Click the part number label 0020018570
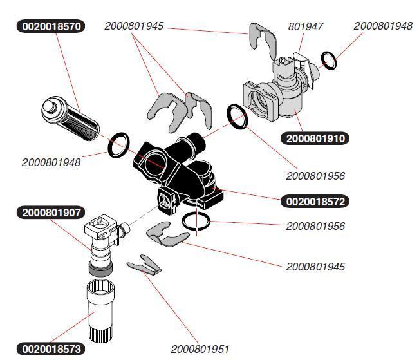tap(51, 26)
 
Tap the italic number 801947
tap(306, 26)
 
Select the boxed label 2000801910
tap(315, 138)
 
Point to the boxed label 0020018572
tap(315, 202)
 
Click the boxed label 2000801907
tap(51, 213)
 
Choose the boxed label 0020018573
tap(51, 349)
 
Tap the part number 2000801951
tap(200, 349)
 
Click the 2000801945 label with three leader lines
tap(134, 26)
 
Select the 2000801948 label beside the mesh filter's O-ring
tap(51, 162)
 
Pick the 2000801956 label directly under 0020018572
tap(315, 226)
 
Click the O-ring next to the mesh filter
tap(118, 145)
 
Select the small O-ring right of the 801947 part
tap(329, 61)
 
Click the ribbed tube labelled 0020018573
tap(100, 311)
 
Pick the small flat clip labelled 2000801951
tap(144, 265)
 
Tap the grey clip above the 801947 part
tap(263, 40)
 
